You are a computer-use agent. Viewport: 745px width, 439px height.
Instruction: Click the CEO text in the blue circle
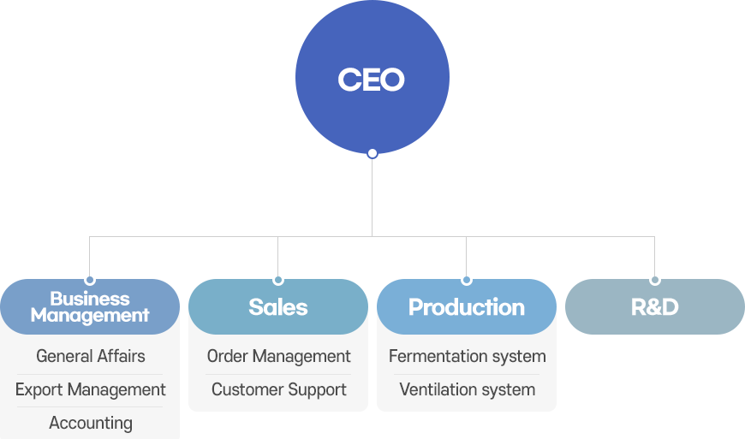[371, 80]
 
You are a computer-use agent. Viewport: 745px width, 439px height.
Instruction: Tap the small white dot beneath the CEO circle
[372, 153]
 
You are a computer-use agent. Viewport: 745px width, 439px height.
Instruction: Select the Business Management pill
[90, 306]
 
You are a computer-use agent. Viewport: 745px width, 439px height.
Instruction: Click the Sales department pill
[278, 306]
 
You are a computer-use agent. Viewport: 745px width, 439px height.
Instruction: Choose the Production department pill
[467, 306]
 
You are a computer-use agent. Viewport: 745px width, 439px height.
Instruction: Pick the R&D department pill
[655, 306]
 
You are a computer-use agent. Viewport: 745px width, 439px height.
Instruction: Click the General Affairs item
[90, 356]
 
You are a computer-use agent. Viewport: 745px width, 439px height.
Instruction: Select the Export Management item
[90, 389]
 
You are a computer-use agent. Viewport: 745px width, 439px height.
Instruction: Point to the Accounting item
[90, 423]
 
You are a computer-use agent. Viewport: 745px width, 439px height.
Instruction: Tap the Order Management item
[279, 356]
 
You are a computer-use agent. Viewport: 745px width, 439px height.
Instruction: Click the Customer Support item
[279, 389]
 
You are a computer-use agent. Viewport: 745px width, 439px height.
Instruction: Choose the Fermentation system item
[467, 356]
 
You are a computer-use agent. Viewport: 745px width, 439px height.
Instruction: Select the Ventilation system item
[467, 389]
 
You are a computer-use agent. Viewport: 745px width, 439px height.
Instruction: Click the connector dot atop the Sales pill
[278, 280]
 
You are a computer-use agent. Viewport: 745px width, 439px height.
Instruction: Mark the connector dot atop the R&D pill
[655, 280]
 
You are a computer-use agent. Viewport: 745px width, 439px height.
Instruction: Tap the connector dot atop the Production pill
[467, 280]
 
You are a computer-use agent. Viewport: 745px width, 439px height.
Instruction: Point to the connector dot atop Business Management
[90, 280]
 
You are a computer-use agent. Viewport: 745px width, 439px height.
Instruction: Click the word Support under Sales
[318, 390]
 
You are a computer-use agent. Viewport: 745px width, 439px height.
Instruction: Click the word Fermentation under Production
[438, 356]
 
